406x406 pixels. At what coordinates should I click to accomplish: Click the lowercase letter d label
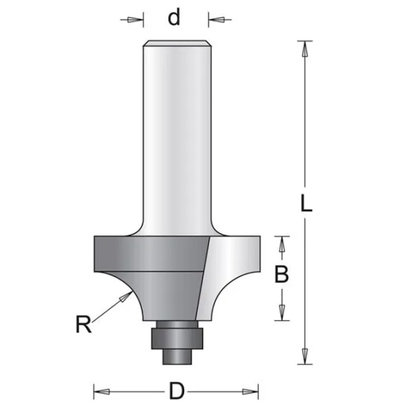pos(174,18)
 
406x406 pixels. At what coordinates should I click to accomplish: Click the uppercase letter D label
pos(177,391)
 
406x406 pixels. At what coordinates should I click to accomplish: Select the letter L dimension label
pos(307,204)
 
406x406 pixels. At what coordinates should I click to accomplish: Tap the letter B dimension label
pos(281,275)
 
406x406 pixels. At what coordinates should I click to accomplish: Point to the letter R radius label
pos(84,324)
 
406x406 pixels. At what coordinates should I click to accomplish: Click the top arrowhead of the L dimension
pos(305,49)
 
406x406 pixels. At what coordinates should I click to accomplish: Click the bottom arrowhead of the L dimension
pos(305,357)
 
